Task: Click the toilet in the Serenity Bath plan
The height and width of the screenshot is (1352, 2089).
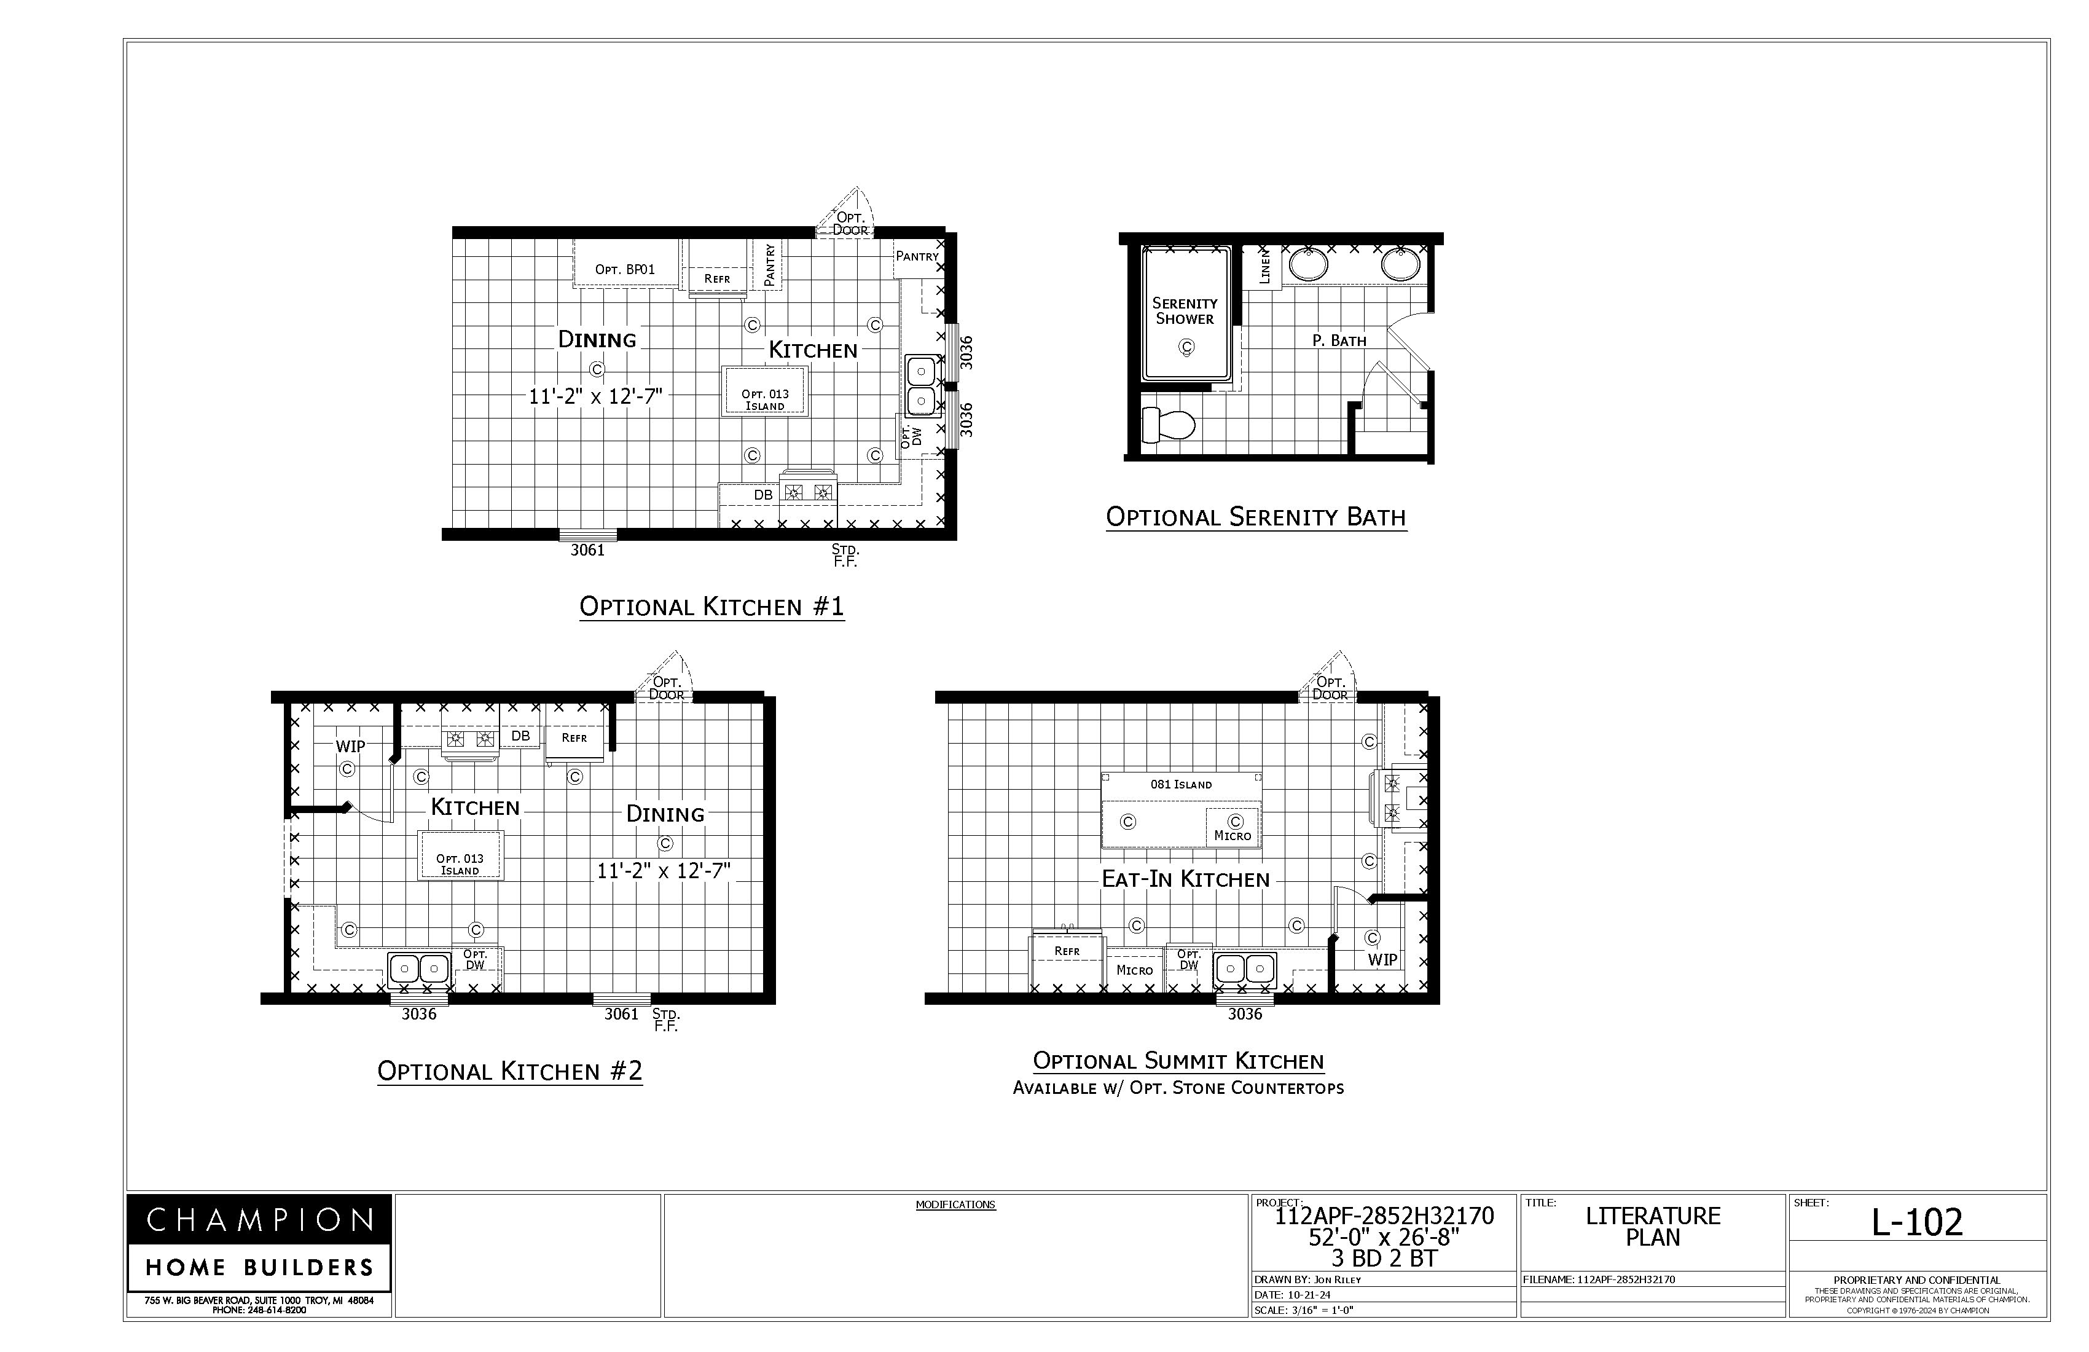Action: [1168, 426]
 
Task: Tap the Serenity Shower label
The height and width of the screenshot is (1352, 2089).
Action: [1185, 311]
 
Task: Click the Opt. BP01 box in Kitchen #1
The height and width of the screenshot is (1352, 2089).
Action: [626, 264]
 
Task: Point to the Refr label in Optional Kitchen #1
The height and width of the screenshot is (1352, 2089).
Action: [717, 278]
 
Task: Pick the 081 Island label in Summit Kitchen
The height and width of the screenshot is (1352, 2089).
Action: [1182, 784]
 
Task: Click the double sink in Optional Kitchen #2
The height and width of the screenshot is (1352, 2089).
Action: [418, 969]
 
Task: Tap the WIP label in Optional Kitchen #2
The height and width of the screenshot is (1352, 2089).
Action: [350, 746]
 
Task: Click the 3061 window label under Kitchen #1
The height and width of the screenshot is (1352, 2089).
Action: [587, 551]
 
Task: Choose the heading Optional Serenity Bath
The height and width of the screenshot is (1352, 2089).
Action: [1256, 517]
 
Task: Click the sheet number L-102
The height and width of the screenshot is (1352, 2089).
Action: [1917, 1221]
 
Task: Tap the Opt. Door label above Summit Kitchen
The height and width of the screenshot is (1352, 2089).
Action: [1330, 688]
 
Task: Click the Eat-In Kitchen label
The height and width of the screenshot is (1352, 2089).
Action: [1186, 879]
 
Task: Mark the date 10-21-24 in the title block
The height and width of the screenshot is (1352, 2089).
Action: [1309, 1295]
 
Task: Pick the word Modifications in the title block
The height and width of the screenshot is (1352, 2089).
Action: [956, 1205]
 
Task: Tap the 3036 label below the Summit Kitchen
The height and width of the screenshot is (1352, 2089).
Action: [1245, 1014]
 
